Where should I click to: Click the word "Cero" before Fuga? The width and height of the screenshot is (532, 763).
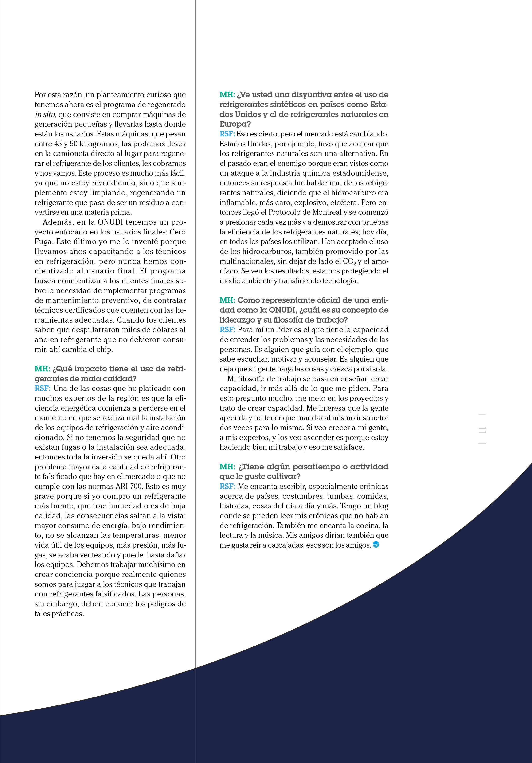click(178, 232)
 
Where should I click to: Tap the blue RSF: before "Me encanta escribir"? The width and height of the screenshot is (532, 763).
click(227, 487)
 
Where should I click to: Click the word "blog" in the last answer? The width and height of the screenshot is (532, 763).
click(381, 506)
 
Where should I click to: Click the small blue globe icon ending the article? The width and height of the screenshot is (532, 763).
click(376, 545)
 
